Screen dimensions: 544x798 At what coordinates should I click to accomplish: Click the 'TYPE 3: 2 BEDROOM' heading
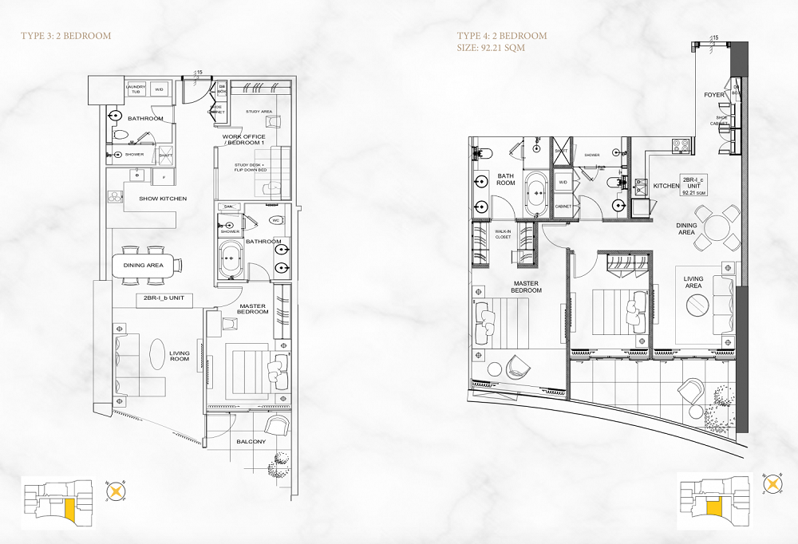[x=65, y=36]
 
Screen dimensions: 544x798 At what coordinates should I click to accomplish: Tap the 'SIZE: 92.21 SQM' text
[x=491, y=48]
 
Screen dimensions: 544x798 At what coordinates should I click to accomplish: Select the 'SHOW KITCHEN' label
[x=163, y=199]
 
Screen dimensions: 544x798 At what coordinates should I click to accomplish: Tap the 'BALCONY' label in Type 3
[x=251, y=441]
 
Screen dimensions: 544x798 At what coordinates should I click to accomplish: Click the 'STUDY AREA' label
[x=259, y=112]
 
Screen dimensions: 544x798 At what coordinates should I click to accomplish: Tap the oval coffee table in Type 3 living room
[x=159, y=353]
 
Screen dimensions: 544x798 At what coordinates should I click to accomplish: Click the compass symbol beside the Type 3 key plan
[x=117, y=492]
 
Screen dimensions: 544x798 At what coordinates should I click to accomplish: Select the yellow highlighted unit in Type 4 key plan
[x=713, y=508]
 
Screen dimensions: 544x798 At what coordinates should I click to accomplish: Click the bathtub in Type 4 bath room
[x=536, y=192]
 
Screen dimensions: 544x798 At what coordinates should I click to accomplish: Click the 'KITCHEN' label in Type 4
[x=666, y=186]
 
